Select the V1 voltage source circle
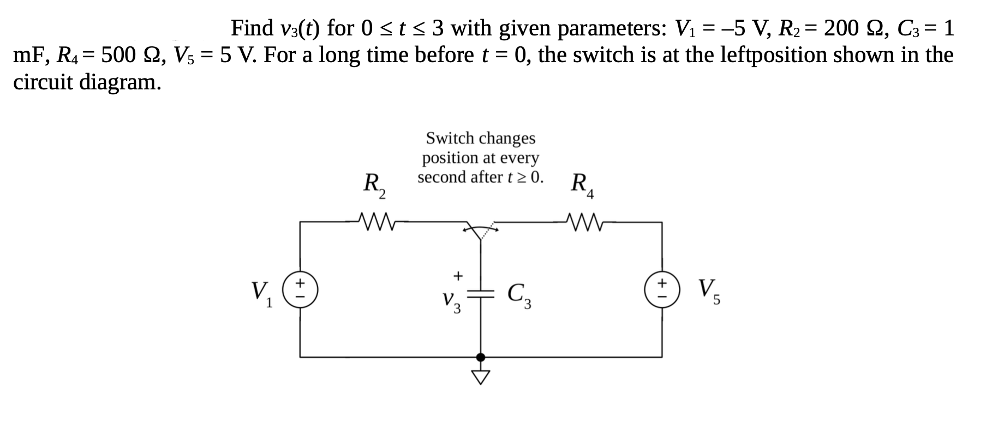(300, 289)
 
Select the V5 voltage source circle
(662, 289)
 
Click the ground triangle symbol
(481, 377)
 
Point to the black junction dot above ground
(481, 357)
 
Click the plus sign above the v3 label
(458, 276)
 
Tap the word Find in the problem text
(253, 27)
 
